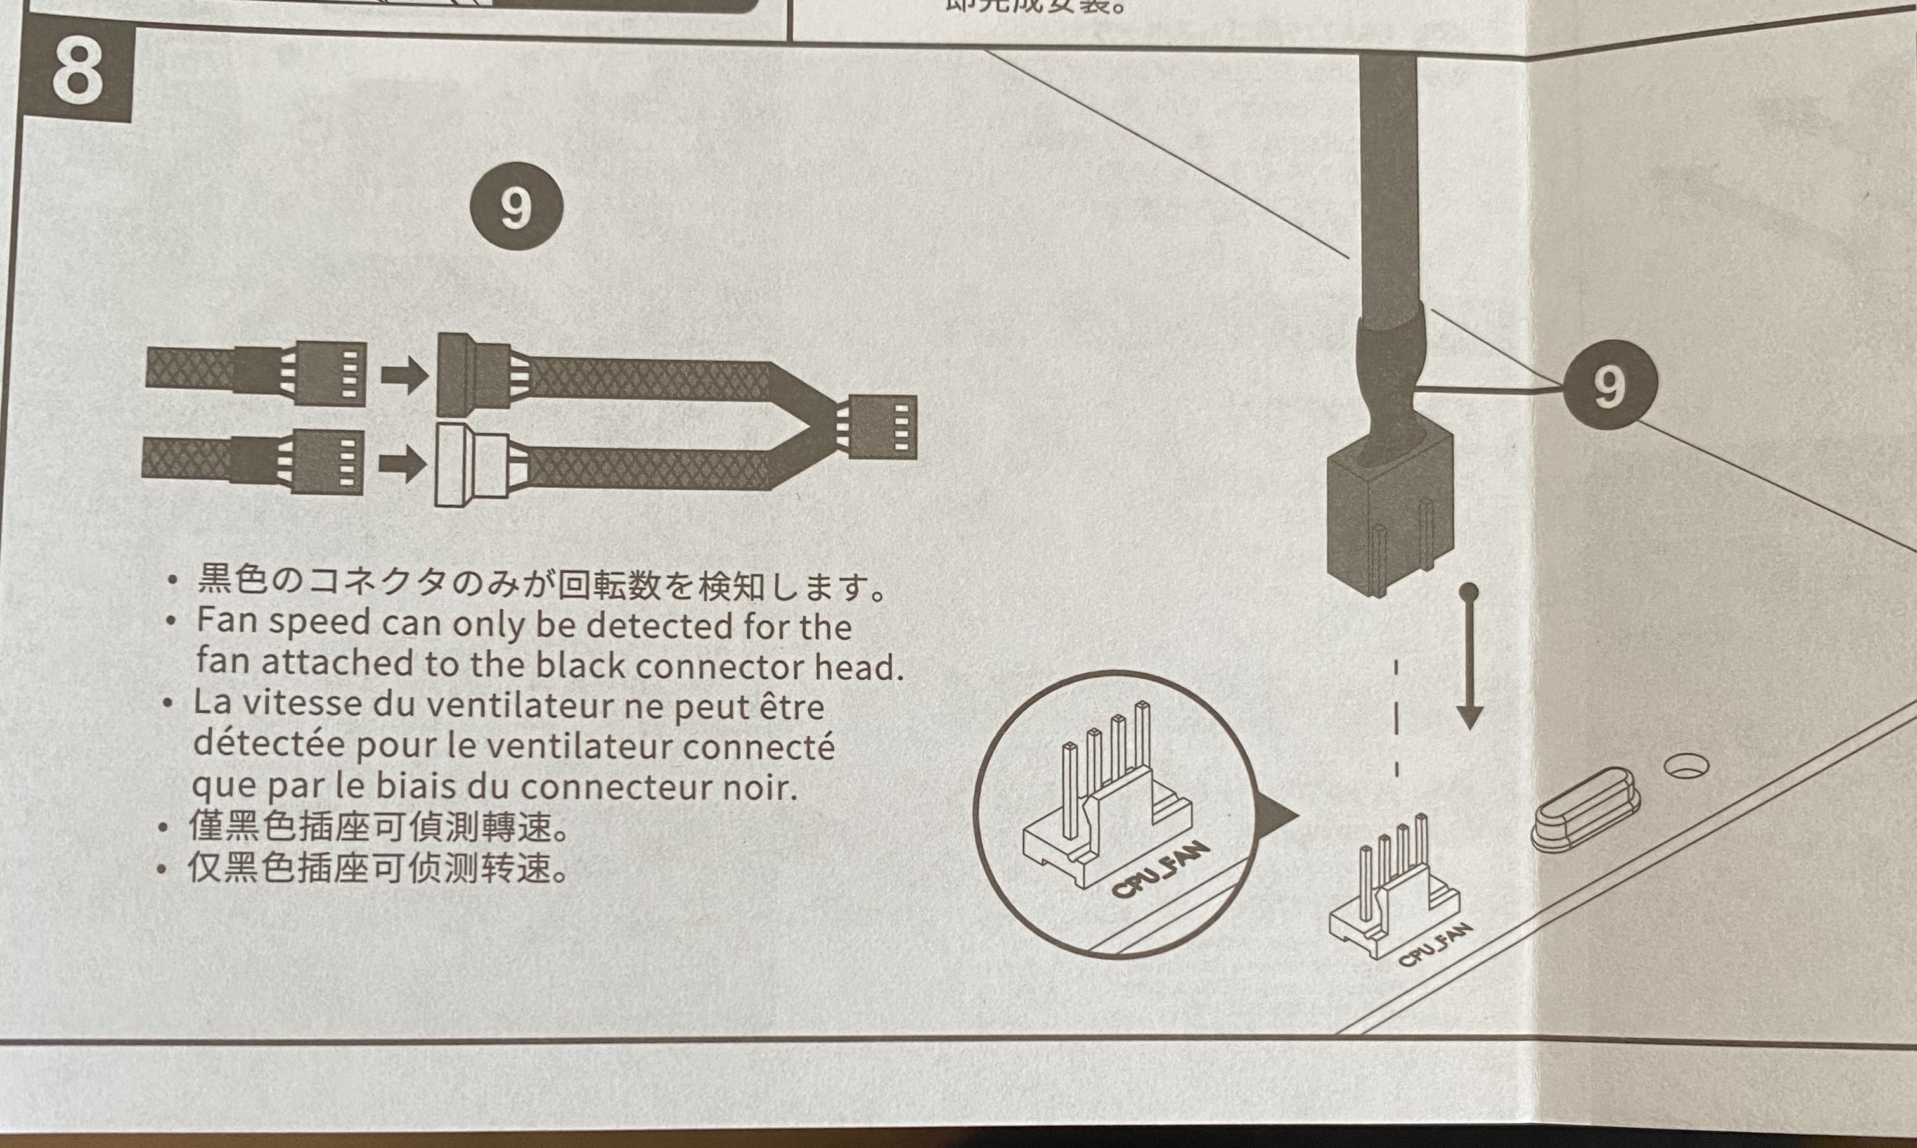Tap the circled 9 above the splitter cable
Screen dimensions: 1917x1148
516,206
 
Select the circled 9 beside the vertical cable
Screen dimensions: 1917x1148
1610,386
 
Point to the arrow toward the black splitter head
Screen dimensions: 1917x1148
404,376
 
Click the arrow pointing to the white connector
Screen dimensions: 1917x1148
403,465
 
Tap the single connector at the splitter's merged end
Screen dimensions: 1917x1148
882,427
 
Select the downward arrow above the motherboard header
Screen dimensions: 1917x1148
1469,658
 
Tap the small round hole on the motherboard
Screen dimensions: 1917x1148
1687,766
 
